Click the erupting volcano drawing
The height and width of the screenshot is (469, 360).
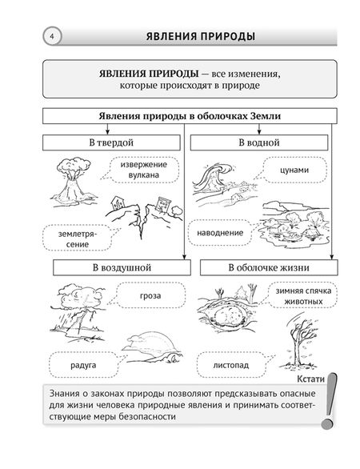click(71, 183)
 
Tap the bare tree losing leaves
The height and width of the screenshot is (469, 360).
click(305, 340)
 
